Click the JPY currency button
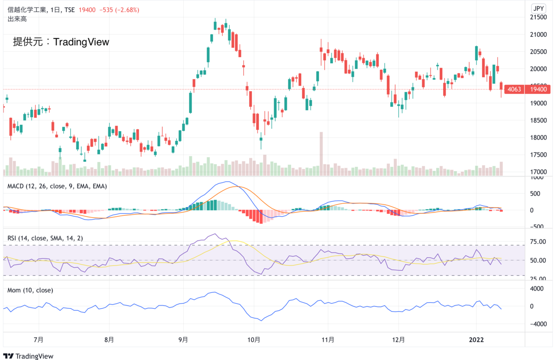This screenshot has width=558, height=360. tap(538, 8)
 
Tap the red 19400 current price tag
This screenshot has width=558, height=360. tap(538, 89)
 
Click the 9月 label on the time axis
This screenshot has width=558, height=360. tap(183, 340)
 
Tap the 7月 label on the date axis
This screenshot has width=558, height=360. tap(39, 340)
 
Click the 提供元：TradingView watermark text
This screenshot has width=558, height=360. tap(61, 42)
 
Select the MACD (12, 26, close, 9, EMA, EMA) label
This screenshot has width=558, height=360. tap(57, 186)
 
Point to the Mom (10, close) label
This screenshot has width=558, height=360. tap(30, 290)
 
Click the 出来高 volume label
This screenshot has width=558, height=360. tap(17, 19)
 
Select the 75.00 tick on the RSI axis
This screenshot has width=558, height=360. tap(538, 242)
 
